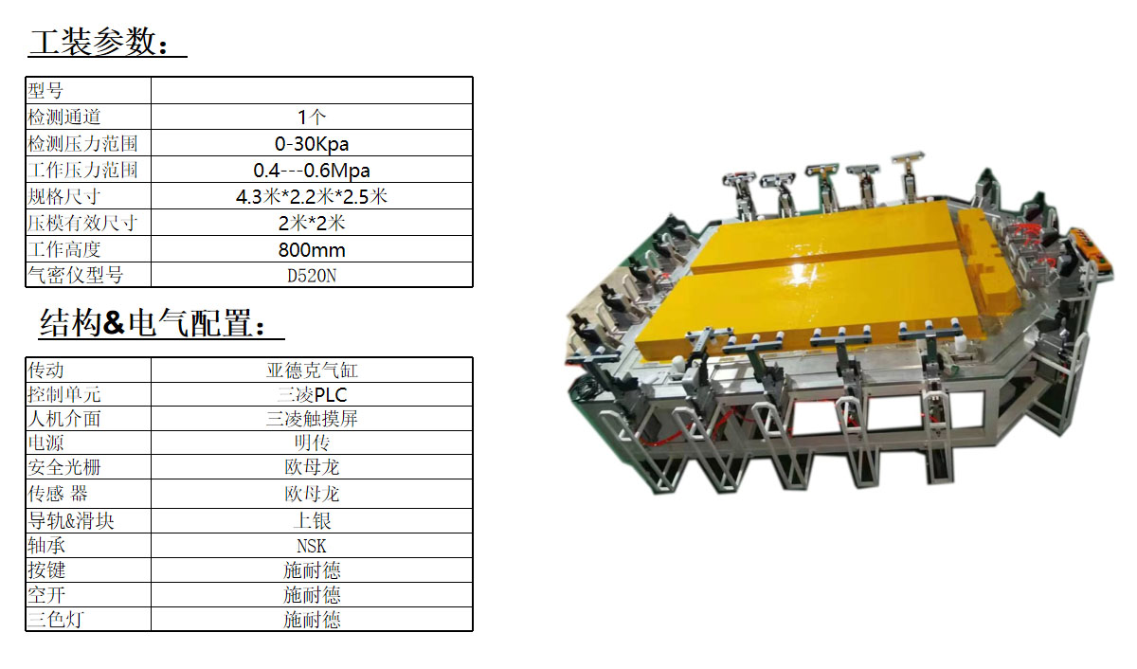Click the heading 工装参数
(99, 41)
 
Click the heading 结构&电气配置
(153, 323)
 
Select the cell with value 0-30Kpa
(312, 144)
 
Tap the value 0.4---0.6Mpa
(312, 170)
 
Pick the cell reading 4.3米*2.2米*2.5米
(312, 196)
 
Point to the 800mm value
(312, 250)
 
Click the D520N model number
(312, 276)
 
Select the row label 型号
(45, 91)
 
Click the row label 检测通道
(64, 118)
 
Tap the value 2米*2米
(312, 223)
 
